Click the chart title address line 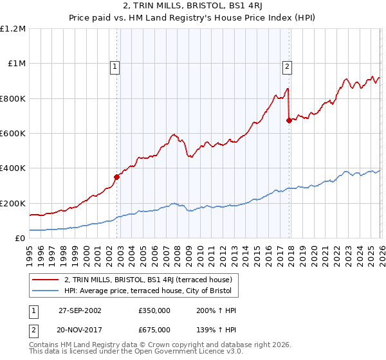(x=192, y=6)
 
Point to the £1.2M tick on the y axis (x=14, y=29)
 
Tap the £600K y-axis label (x=13, y=134)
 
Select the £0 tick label (x=20, y=238)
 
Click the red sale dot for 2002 (x=117, y=177)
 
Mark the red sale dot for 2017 (x=289, y=120)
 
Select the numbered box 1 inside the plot (x=115, y=65)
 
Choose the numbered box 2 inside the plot (x=286, y=65)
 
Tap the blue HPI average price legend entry (x=151, y=291)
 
